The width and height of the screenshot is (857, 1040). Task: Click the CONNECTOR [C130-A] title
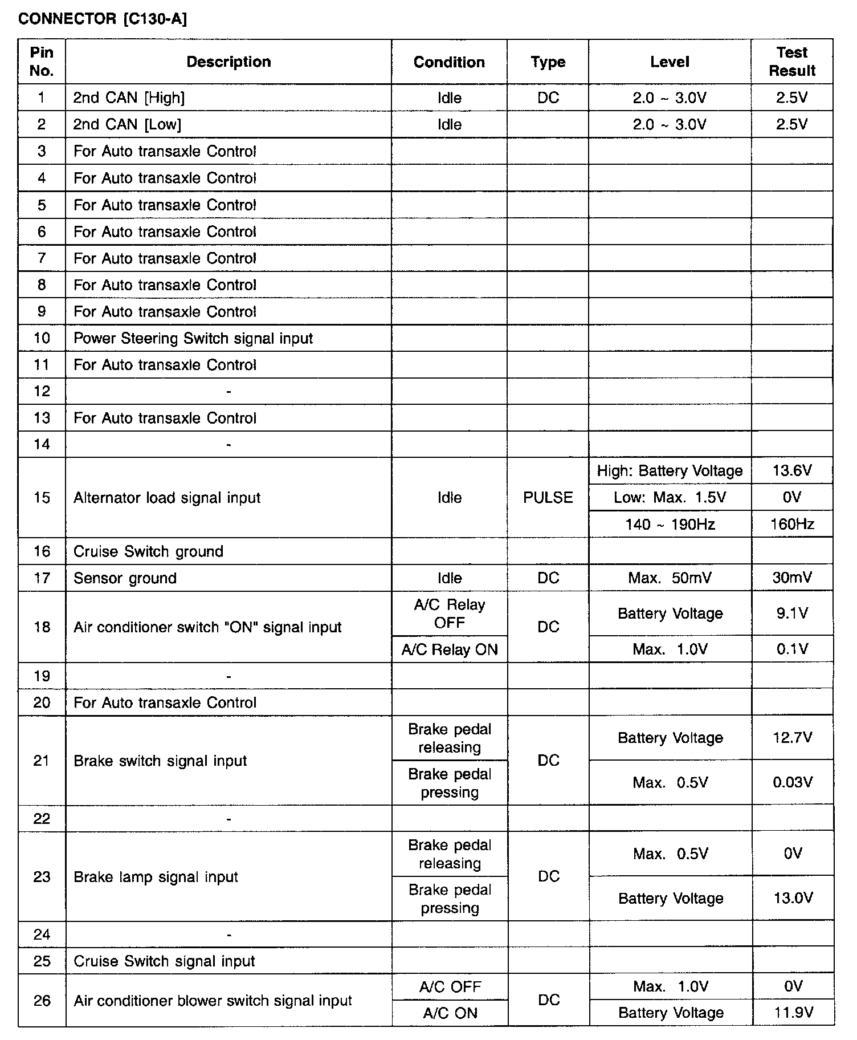[x=103, y=19]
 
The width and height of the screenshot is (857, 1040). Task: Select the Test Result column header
[x=791, y=62]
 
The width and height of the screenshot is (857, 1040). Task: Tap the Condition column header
[x=449, y=62]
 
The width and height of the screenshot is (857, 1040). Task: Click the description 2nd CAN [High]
[x=129, y=98]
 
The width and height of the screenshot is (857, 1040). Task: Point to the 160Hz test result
[x=791, y=525]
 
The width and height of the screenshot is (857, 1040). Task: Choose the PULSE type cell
[x=548, y=498]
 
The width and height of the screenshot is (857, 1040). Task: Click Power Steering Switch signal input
[x=193, y=339]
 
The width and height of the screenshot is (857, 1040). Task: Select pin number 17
[x=42, y=578]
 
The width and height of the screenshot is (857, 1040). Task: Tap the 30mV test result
[x=791, y=578]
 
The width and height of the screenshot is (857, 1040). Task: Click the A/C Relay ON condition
[x=449, y=649]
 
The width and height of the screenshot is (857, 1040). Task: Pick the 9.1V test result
[x=791, y=614]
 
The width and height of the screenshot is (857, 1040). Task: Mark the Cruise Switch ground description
[x=148, y=551]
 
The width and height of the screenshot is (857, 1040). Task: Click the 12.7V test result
[x=791, y=738]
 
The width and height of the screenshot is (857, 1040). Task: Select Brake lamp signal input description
[x=156, y=877]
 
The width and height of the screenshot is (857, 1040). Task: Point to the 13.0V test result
[x=793, y=899]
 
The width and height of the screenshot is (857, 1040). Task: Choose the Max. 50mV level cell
[x=670, y=578]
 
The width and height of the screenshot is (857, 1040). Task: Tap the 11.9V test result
[x=793, y=1013]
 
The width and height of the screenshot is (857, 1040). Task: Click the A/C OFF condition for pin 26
[x=450, y=987]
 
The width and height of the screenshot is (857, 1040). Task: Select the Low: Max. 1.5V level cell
[x=670, y=498]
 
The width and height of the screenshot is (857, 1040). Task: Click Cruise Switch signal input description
[x=164, y=961]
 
